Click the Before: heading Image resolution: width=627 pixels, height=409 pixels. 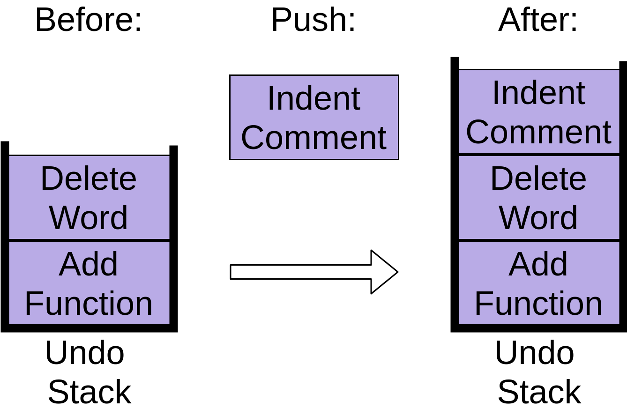[x=89, y=20]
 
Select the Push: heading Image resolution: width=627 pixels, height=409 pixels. [x=313, y=20]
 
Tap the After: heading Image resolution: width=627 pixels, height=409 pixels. [x=538, y=20]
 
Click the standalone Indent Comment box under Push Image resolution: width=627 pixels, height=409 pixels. [x=314, y=118]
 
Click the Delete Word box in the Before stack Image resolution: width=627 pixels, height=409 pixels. [x=89, y=198]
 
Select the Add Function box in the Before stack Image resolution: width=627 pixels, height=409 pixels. [x=89, y=283]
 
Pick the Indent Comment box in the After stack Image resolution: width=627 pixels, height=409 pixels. [x=539, y=112]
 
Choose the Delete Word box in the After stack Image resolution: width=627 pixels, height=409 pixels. [x=539, y=198]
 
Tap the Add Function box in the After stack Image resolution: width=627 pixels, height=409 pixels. [x=539, y=283]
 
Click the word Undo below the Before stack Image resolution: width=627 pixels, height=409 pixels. [x=85, y=353]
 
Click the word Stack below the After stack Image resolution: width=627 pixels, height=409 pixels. [x=539, y=392]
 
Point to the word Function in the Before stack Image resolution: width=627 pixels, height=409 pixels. [x=89, y=303]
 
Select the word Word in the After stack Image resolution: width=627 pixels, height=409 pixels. [x=539, y=217]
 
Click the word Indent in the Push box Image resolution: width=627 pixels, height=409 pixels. [x=314, y=98]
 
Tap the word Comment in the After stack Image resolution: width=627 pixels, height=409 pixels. [x=539, y=132]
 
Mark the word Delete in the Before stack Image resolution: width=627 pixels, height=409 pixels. [x=89, y=178]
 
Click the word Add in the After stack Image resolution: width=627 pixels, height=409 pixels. [x=538, y=264]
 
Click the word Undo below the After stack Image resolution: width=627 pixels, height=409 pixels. [x=535, y=353]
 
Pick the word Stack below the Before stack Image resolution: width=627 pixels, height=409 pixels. [x=90, y=392]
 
